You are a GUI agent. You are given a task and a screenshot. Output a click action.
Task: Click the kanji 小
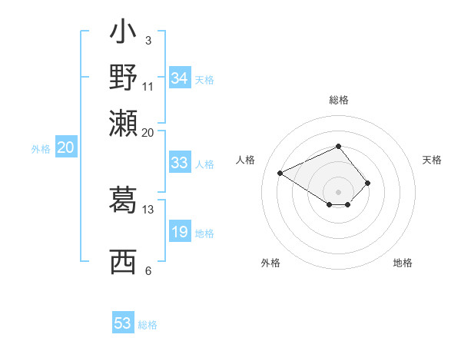tap(123, 34)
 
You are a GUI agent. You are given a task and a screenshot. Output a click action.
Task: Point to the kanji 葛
tap(123, 200)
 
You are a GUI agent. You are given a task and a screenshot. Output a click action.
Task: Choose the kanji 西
tap(123, 262)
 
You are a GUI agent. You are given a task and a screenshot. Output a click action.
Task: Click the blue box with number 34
tap(180, 78)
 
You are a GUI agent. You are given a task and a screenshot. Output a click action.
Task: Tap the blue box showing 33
tap(180, 163)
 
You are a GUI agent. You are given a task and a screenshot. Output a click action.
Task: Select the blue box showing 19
tap(180, 233)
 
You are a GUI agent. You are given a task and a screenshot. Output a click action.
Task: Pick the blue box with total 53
tap(123, 323)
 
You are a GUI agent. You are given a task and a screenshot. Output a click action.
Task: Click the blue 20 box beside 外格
tap(65, 148)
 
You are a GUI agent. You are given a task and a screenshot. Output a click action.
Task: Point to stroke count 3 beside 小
tap(148, 40)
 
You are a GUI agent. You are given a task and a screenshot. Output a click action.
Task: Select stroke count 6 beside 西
tap(148, 270)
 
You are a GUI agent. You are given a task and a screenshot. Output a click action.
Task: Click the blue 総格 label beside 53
tap(148, 325)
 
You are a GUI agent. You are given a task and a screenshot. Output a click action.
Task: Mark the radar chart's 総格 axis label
tap(338, 100)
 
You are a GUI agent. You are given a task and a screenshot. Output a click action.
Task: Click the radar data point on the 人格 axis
tap(280, 172)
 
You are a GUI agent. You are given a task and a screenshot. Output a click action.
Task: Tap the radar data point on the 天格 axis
tap(368, 183)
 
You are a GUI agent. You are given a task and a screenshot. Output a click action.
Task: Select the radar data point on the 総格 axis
tap(338, 146)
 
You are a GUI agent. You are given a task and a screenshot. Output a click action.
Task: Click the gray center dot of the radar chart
tap(338, 192)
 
